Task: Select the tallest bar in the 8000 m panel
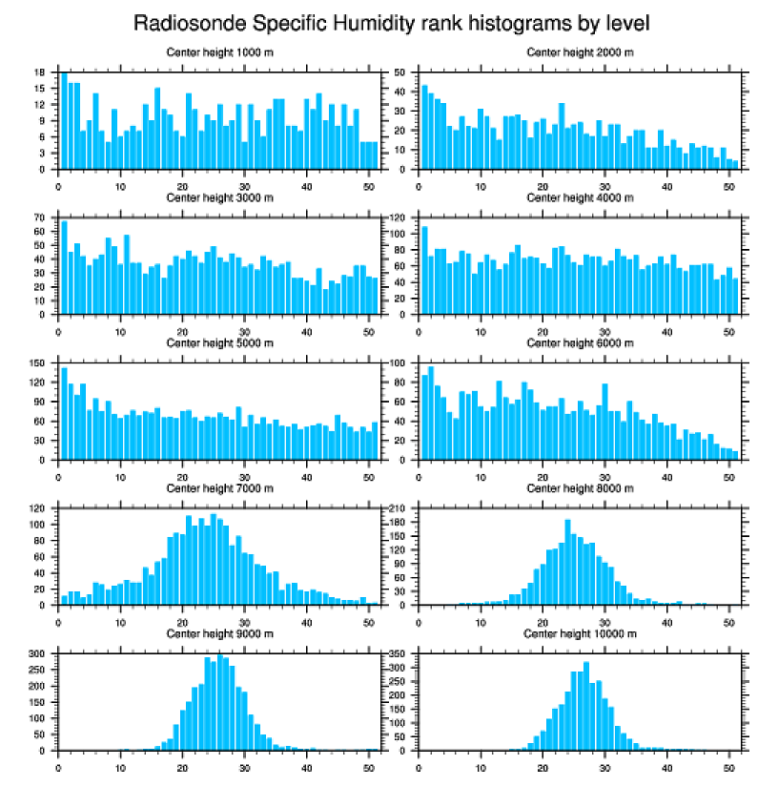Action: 567,563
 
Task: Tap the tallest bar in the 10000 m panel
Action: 585,706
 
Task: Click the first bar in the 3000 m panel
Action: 65,268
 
